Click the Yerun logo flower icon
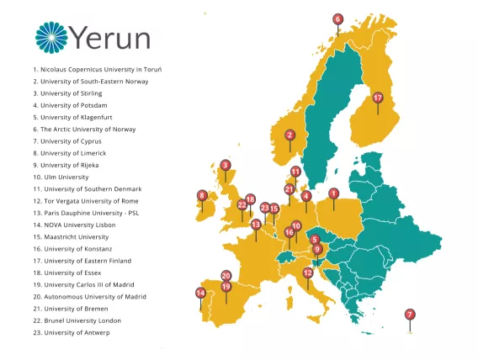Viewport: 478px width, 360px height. click(52, 37)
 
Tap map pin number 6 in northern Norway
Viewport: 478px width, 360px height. click(337, 19)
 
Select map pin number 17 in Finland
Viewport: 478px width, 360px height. click(378, 98)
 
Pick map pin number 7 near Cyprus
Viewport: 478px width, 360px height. click(410, 315)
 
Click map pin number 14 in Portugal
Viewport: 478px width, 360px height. click(200, 293)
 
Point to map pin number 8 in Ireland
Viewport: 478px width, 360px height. click(202, 196)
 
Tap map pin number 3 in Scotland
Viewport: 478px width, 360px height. click(225, 166)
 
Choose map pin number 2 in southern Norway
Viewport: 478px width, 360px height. click(289, 135)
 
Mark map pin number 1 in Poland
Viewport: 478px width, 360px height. click(333, 193)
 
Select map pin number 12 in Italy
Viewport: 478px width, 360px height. click(308, 273)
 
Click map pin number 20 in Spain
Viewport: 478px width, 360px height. click(226, 275)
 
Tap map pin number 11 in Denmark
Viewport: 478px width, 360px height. click(295, 172)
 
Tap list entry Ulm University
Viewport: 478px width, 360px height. click(64, 177)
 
